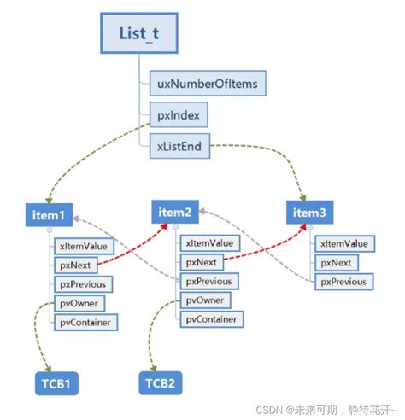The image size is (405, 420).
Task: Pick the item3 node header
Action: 310,213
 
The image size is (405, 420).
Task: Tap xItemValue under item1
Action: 83,245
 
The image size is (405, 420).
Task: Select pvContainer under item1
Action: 83,322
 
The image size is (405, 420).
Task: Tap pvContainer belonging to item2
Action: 209,319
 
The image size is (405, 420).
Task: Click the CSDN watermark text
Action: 332,407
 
